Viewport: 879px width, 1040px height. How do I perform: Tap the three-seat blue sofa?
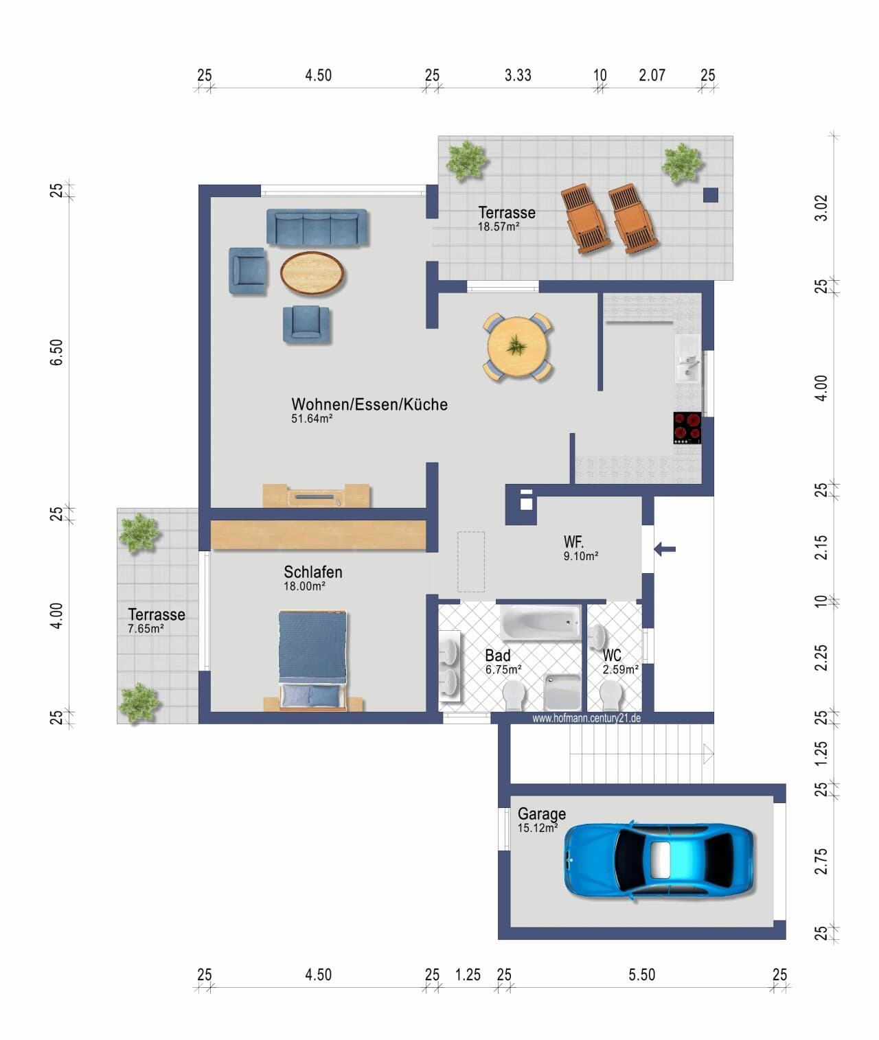317,227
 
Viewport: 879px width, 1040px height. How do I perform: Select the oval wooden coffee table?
312,273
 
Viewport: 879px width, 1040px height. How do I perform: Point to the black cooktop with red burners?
687,428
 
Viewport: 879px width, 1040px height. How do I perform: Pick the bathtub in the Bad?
540,622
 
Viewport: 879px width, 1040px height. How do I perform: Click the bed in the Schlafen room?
312,660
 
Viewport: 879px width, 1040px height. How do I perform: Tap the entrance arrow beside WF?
665,549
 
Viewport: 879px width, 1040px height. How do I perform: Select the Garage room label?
542,813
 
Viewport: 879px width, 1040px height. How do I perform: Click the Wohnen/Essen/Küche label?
369,404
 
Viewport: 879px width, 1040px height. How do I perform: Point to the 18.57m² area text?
499,227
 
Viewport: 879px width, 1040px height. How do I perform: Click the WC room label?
612,654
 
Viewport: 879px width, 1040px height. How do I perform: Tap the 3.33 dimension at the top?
518,76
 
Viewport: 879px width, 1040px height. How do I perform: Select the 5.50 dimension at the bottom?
642,975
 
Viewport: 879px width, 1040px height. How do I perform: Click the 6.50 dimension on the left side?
57,352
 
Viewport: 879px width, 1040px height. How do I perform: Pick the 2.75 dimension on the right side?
821,862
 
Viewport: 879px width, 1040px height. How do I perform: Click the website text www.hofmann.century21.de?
586,718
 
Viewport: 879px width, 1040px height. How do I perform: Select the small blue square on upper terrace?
711,195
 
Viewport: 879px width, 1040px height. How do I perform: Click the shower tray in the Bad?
562,692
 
